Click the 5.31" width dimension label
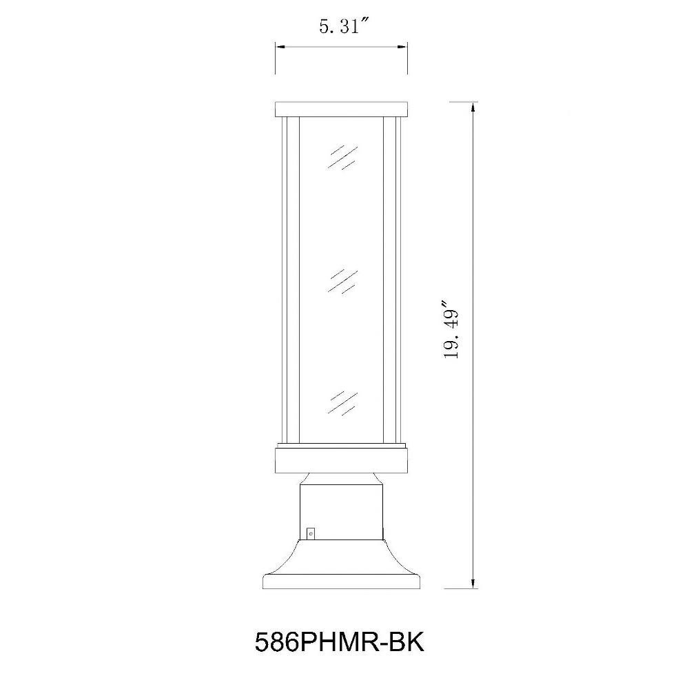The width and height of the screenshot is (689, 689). pos(343,27)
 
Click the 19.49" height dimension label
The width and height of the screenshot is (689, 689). pos(451,329)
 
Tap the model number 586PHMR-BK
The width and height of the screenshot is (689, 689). pos(340,642)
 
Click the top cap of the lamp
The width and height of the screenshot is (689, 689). pos(342,110)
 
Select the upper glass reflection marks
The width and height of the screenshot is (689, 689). pos(342,157)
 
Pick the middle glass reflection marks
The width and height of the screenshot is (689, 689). pos(342,281)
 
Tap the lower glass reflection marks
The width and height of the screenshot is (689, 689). pos(342,403)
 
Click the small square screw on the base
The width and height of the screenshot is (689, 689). pos(311,533)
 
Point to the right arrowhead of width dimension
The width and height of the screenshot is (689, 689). pos(402,46)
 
